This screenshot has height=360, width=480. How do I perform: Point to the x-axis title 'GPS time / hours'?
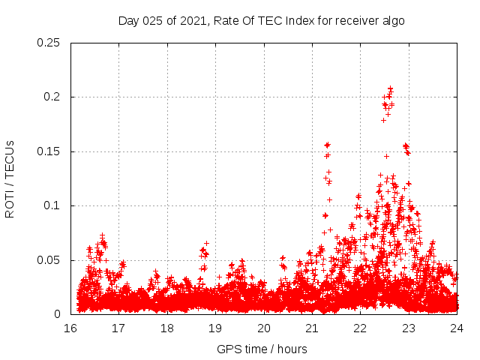(x=262, y=349)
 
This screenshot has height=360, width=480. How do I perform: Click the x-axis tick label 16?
(x=70, y=328)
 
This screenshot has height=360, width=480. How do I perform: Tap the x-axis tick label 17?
(x=118, y=328)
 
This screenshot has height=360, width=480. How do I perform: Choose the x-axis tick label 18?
(x=167, y=328)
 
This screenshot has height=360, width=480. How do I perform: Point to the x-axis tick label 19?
(x=215, y=328)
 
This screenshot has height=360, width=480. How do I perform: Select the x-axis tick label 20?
(x=264, y=328)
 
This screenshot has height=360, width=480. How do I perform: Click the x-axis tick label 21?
(x=312, y=328)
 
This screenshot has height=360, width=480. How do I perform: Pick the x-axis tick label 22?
(x=361, y=328)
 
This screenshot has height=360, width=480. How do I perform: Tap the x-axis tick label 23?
(x=409, y=328)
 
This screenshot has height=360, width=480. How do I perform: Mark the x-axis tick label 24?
(x=457, y=328)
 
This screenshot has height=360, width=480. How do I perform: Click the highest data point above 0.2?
(x=390, y=88)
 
